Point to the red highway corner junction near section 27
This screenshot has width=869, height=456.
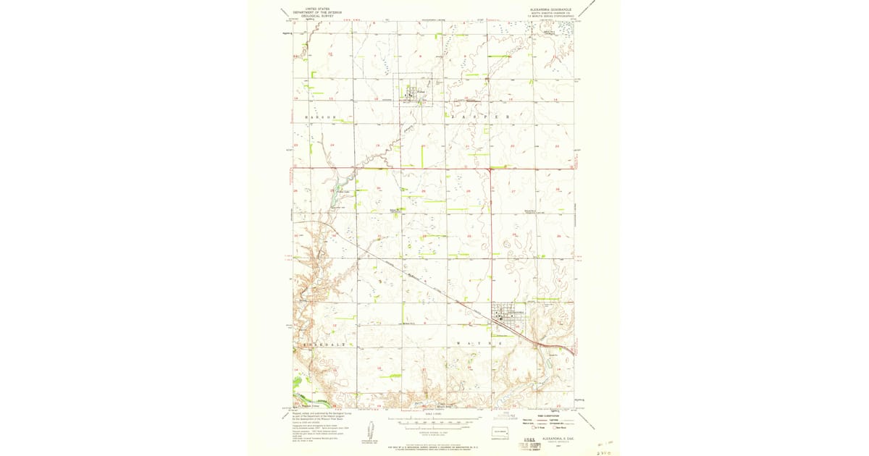click(x=490, y=169)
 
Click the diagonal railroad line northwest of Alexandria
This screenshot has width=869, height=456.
click(x=420, y=279)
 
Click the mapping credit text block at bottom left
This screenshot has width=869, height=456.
click(x=319, y=424)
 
